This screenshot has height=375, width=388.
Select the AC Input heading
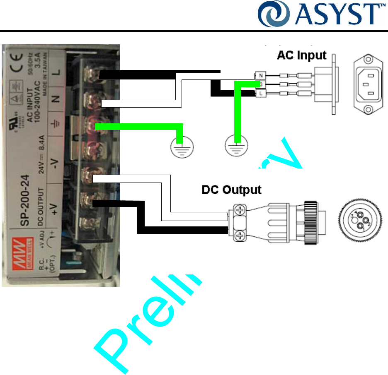pyautogui.click(x=301, y=55)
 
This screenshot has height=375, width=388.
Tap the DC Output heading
pyautogui.click(x=231, y=190)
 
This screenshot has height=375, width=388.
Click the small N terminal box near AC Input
pyautogui.click(x=261, y=76)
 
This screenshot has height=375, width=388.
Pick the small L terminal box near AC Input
pyautogui.click(x=261, y=94)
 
